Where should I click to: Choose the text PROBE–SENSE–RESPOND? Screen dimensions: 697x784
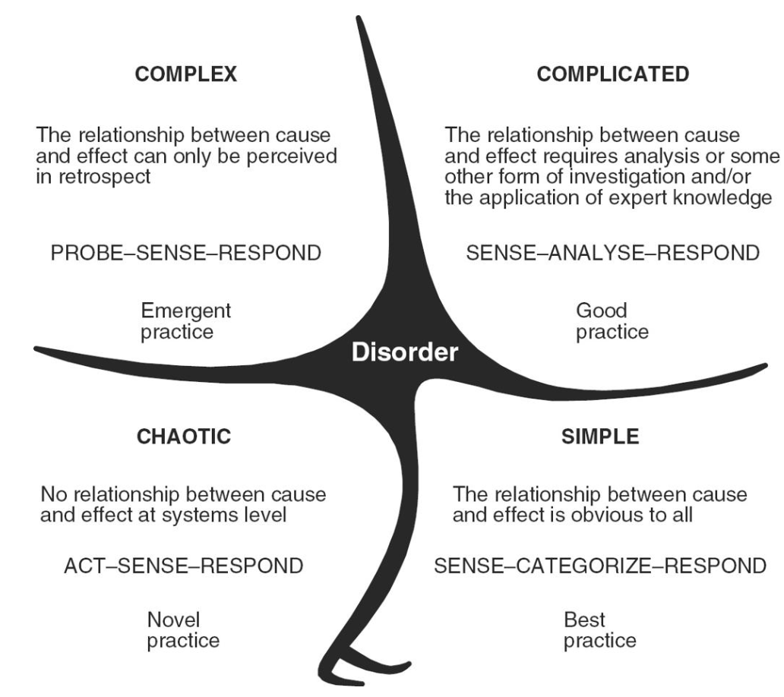185,253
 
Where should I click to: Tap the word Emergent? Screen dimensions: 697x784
186,311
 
